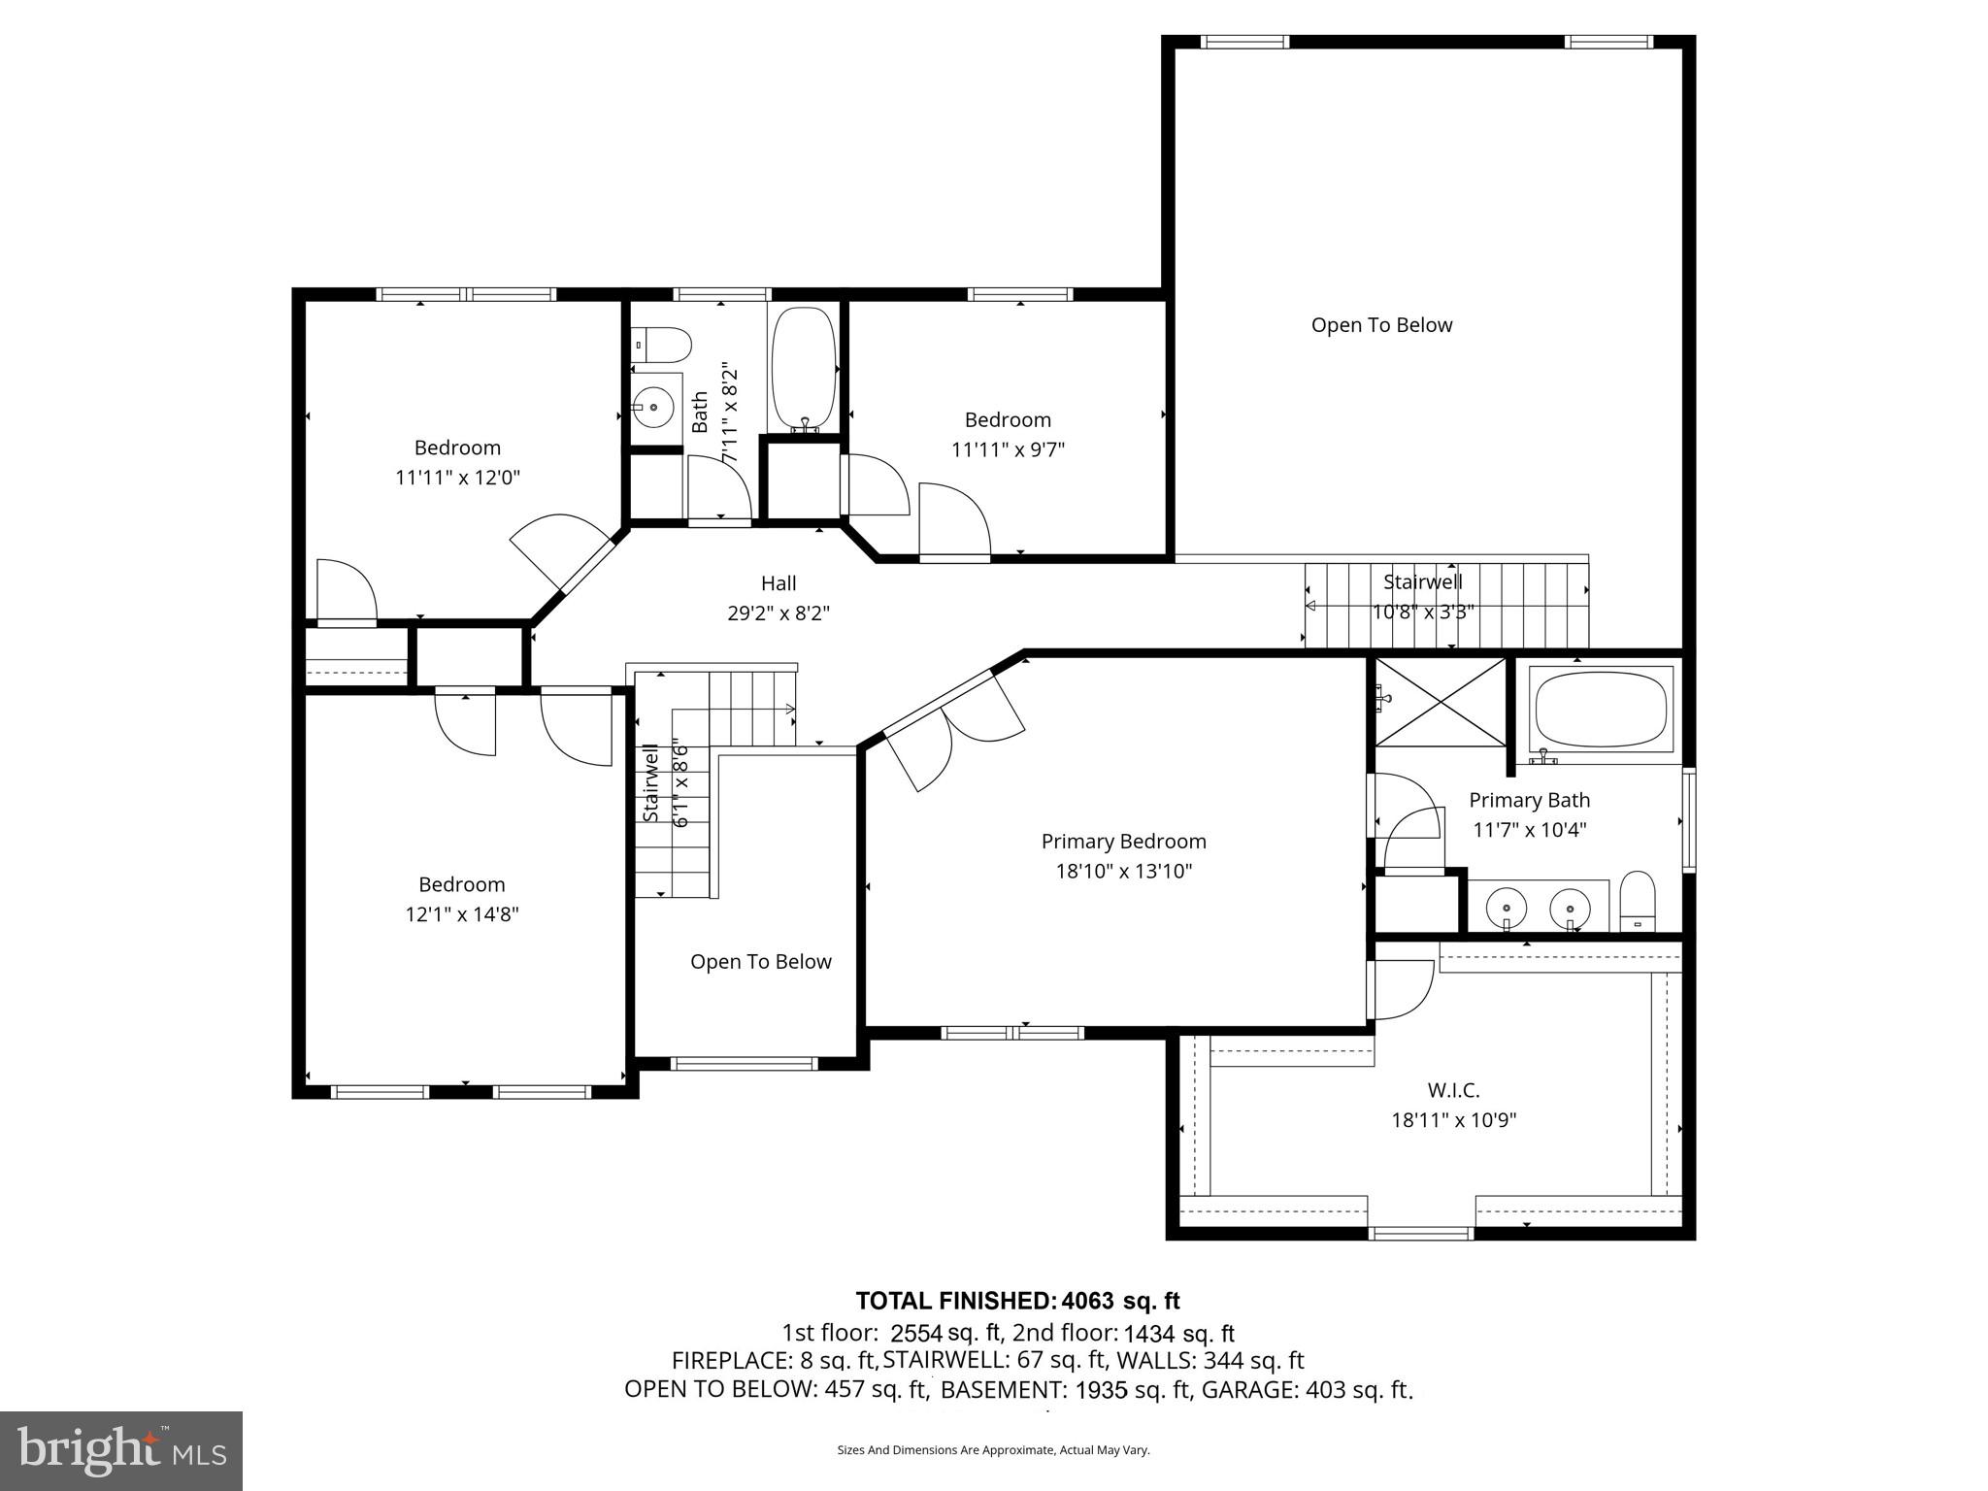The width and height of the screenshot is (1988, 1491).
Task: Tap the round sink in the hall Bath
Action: point(653,406)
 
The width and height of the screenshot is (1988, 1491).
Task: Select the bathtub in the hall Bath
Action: point(804,369)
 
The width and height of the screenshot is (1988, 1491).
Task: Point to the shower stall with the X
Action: point(1440,702)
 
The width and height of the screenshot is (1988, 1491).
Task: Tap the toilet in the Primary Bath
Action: point(1638,900)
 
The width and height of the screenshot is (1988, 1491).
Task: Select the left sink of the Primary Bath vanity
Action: point(1506,908)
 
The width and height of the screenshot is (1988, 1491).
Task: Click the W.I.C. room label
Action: point(1453,1090)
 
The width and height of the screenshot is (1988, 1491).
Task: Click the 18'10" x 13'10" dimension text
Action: point(1123,871)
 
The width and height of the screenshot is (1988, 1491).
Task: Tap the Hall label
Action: point(779,583)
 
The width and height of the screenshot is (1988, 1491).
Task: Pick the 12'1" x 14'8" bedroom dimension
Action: point(462,913)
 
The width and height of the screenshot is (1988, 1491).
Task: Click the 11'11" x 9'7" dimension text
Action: point(1008,449)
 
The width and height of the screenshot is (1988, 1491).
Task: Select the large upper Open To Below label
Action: point(1381,325)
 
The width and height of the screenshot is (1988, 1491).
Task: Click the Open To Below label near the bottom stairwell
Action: point(761,961)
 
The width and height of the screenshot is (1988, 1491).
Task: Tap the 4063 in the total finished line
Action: point(1088,1301)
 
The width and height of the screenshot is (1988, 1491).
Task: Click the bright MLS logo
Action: point(121,1451)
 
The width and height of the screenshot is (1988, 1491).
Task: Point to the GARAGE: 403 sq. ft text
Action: point(1307,1389)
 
